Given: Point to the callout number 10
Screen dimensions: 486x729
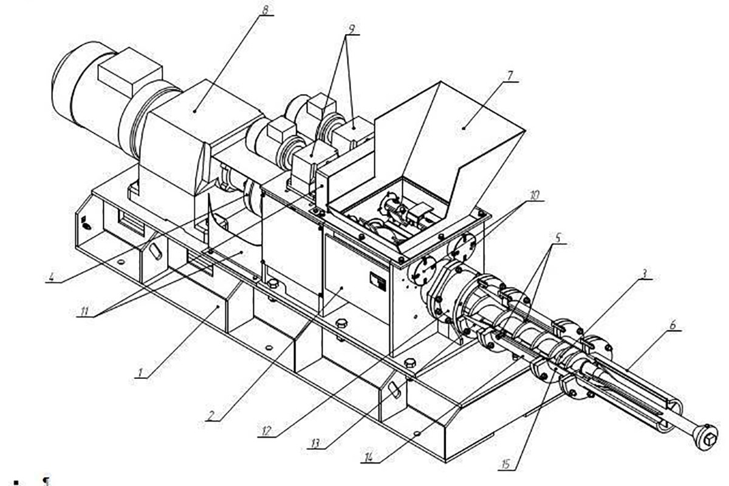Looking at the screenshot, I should coord(534,196).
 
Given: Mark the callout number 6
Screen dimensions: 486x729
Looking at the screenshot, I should coord(673,326).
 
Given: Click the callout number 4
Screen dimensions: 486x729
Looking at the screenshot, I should coord(52,279).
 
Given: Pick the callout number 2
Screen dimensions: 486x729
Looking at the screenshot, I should coord(210,416).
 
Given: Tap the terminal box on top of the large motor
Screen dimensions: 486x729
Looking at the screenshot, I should coord(129,77).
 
